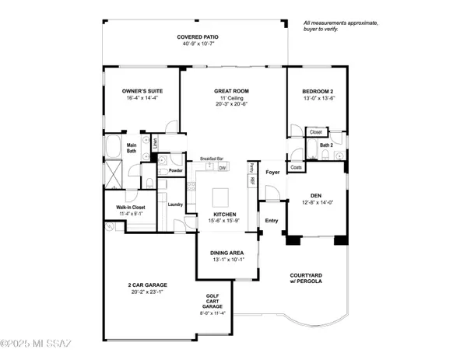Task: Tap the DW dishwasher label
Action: pos(223,166)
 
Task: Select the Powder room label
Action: pos(176,170)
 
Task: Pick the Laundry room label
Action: pos(175,204)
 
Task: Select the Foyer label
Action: pos(272,172)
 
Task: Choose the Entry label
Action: pos(272,220)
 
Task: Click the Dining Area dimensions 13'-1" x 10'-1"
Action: pos(228,259)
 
